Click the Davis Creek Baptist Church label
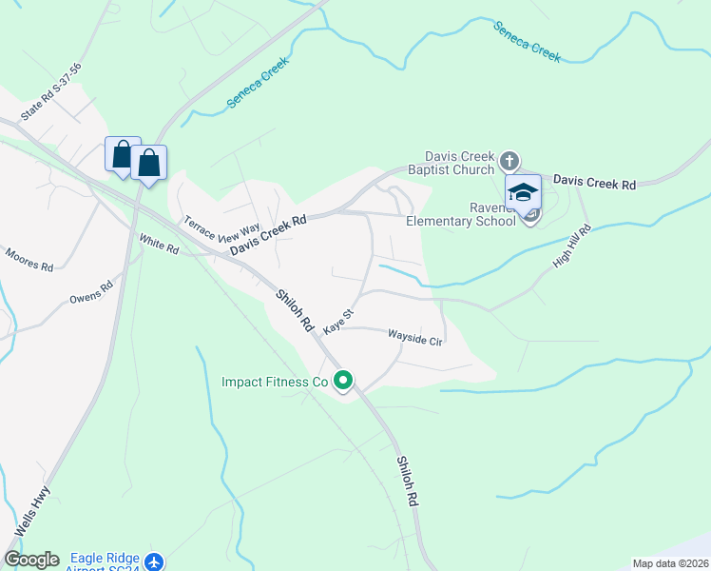tap(459, 162)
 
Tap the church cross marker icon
tap(509, 160)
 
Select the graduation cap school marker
tap(523, 192)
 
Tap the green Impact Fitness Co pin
tap(343, 381)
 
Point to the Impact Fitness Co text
tap(274, 382)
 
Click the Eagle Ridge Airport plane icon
tap(155, 562)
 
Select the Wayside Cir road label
tap(415, 338)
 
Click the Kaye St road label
tap(338, 321)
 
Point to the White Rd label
tap(159, 245)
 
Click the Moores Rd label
tap(29, 260)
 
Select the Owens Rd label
tap(91, 292)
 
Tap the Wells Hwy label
tap(32, 513)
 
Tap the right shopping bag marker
tap(149, 162)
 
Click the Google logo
tap(31, 560)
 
